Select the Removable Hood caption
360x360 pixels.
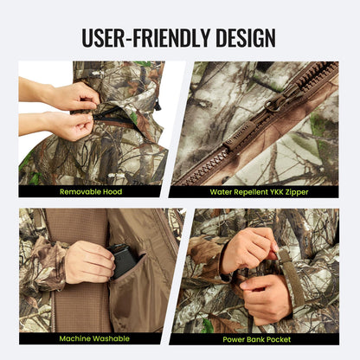[90, 191]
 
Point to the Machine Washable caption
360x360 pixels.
[90, 338]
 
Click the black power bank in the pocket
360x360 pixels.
[124, 260]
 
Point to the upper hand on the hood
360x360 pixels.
[74, 95]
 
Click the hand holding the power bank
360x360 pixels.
[90, 260]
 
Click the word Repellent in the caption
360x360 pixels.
[242, 191]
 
